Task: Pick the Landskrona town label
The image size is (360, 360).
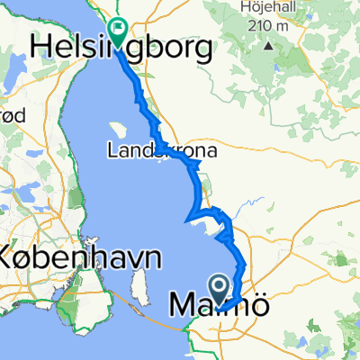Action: [162, 151]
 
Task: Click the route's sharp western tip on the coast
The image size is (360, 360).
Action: [185, 220]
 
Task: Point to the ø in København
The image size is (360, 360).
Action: [31, 257]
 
